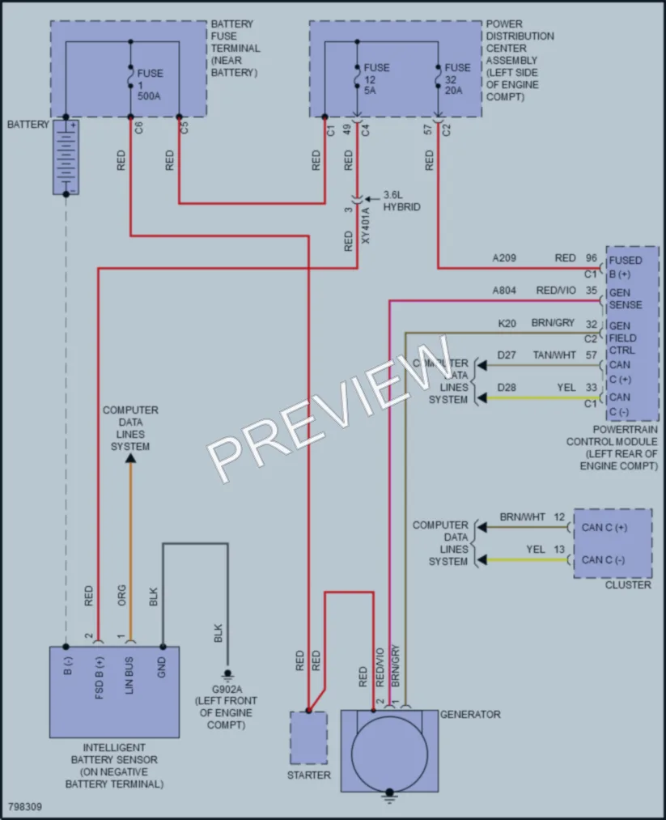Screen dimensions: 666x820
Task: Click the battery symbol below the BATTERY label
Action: click(x=66, y=157)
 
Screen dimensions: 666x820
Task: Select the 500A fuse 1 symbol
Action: click(x=130, y=76)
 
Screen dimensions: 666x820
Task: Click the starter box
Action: click(x=309, y=737)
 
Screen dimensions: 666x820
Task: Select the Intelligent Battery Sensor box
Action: click(x=114, y=692)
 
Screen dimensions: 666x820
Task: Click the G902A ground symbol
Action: click(x=227, y=675)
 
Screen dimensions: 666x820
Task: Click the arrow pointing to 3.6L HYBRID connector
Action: click(x=371, y=199)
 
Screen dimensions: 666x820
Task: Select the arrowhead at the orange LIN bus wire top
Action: click(x=130, y=458)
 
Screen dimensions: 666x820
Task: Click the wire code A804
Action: click(x=504, y=291)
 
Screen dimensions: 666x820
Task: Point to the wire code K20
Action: click(x=507, y=323)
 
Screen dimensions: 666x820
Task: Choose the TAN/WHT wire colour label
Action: click(x=554, y=355)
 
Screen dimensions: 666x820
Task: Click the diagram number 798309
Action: click(x=25, y=806)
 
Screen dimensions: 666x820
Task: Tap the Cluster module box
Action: click(x=613, y=543)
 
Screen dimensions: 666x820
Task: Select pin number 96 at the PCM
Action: click(x=592, y=258)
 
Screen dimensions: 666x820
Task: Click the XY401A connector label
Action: click(x=366, y=225)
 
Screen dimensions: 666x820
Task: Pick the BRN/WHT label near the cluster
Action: click(x=522, y=516)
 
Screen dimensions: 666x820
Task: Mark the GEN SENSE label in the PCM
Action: click(x=626, y=299)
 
